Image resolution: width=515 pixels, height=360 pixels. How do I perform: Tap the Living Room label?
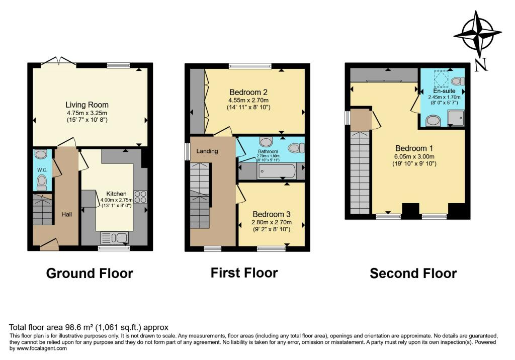tap(87, 105)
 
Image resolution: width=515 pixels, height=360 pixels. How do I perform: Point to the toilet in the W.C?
tap(42, 181)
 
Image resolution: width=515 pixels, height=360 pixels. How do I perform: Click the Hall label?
tap(66, 215)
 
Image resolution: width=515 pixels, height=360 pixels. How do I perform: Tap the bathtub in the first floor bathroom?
tap(278, 172)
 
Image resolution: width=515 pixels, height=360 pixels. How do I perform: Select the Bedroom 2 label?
tap(248, 92)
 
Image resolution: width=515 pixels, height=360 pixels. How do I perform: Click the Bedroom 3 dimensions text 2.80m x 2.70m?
tap(272, 222)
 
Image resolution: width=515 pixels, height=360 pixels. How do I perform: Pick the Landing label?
tap(207, 150)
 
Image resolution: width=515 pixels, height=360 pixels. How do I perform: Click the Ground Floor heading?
tap(90, 274)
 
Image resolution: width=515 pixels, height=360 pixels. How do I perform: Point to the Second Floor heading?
tap(413, 274)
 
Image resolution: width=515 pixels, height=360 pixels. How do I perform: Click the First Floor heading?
tap(244, 273)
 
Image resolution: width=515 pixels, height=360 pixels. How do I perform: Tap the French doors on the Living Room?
tap(59, 62)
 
